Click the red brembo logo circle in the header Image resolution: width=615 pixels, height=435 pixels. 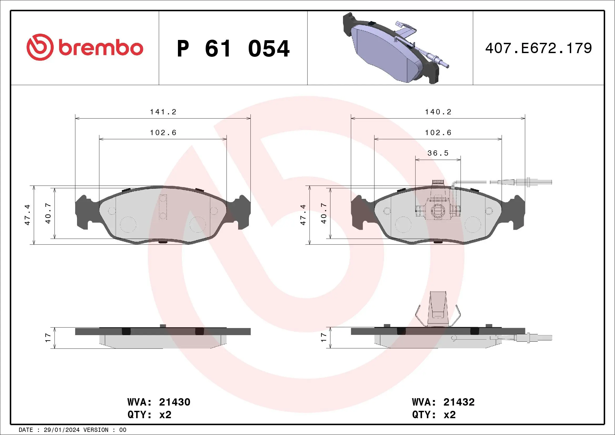[x=40, y=47]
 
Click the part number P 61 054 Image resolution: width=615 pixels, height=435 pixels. [x=233, y=49]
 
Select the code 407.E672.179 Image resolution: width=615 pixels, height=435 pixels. [x=539, y=48]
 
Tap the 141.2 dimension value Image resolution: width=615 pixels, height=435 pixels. [x=163, y=112]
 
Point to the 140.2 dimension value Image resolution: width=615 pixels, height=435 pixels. [x=438, y=112]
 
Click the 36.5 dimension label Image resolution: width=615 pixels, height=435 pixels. [x=438, y=153]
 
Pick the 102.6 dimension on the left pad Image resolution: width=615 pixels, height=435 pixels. [x=163, y=132]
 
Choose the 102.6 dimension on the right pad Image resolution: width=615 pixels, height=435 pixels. [x=438, y=132]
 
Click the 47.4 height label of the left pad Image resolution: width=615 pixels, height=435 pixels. [x=27, y=214]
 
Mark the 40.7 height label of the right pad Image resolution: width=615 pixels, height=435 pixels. [x=324, y=213]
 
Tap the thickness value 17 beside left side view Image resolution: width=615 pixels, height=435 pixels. [x=48, y=337]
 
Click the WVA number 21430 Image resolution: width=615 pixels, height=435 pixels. [x=174, y=402]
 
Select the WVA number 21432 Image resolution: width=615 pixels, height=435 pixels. [x=459, y=402]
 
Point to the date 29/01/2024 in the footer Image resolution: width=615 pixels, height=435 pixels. [x=61, y=430]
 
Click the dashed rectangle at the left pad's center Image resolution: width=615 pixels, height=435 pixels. [x=163, y=207]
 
